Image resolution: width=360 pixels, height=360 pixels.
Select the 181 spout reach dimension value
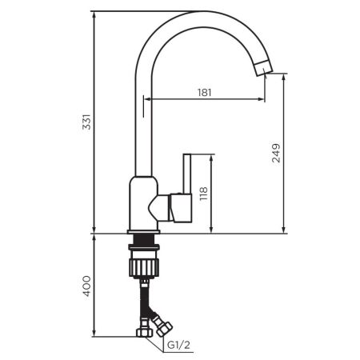(204, 93)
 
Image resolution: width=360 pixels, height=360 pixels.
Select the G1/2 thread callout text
(178, 345)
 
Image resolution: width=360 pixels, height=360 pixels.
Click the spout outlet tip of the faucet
(265, 71)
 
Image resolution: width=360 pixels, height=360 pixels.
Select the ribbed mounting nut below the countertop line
(143, 263)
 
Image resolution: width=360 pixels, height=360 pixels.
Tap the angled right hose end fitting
(163, 326)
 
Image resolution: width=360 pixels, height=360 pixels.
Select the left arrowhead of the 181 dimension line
(147, 100)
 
